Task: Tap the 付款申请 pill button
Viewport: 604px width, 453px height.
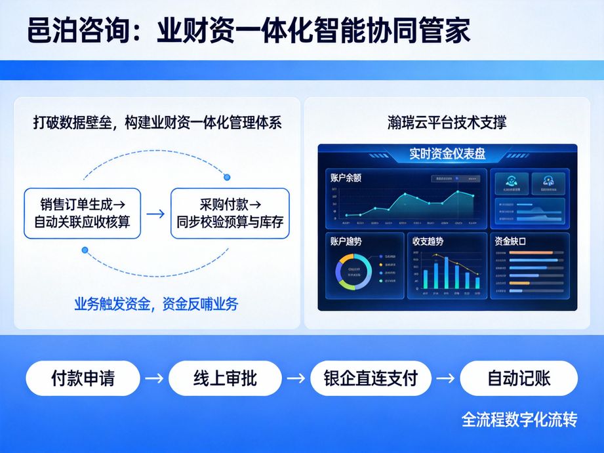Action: (x=83, y=378)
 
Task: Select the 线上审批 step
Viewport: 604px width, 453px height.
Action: (x=225, y=378)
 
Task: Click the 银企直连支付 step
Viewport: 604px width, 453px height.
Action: (x=371, y=378)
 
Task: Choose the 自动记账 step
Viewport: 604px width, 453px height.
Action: (x=519, y=378)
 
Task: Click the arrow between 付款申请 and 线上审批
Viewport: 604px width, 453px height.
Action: (x=154, y=378)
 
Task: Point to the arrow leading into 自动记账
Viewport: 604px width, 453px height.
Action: (x=446, y=378)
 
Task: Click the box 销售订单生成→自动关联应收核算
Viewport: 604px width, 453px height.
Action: (x=82, y=212)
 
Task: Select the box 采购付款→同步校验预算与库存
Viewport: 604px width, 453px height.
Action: (x=230, y=212)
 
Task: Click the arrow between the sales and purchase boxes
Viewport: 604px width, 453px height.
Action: (x=155, y=213)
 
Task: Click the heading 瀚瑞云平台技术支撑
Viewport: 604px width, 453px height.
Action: (x=447, y=123)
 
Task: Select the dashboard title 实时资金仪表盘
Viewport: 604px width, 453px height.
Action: (x=447, y=154)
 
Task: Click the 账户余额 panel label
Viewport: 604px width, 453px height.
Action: (x=346, y=178)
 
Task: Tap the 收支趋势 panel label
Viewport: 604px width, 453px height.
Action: (x=428, y=241)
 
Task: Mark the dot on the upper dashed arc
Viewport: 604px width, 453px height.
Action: (x=227, y=177)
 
